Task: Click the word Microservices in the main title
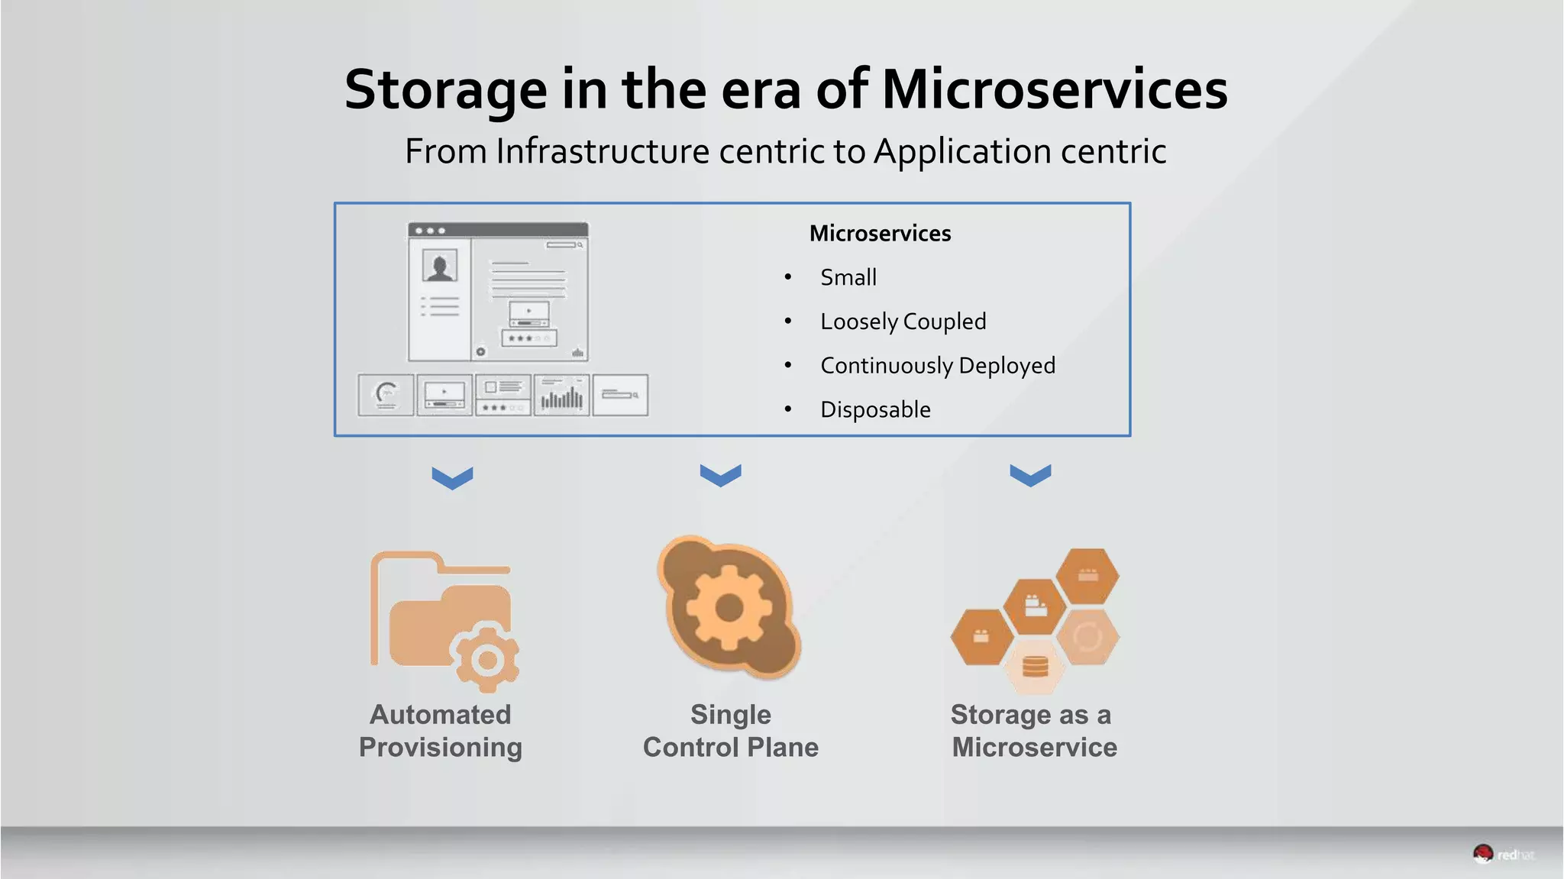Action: point(1055,89)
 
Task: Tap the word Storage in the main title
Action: point(446,89)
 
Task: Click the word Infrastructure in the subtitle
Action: point(602,151)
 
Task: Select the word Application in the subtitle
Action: point(961,151)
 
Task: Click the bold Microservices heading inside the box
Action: point(880,234)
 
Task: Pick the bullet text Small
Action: point(848,277)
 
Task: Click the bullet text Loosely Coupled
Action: point(903,322)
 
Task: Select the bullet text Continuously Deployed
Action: point(937,366)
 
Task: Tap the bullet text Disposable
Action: point(875,410)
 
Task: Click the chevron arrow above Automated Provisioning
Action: point(452,478)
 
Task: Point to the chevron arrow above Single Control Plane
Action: point(720,475)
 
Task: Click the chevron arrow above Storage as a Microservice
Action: point(1030,475)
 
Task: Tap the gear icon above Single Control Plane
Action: point(729,608)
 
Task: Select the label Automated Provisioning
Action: point(441,731)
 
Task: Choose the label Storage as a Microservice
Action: point(1034,731)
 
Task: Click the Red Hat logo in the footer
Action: point(1502,855)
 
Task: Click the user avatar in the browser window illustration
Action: point(440,266)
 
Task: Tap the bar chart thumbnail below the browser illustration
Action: point(561,396)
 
